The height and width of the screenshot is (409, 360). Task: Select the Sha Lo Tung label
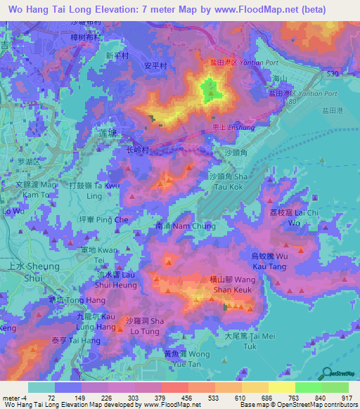(145, 325)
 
